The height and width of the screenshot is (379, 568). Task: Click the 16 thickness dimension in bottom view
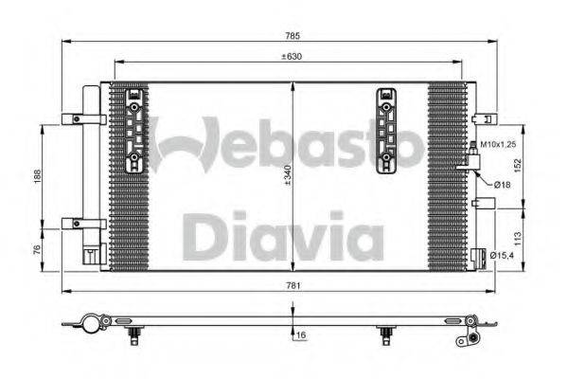(x=299, y=335)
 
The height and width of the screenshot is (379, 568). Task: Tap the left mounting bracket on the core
(x=135, y=132)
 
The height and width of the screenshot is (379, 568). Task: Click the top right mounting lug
(x=483, y=119)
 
